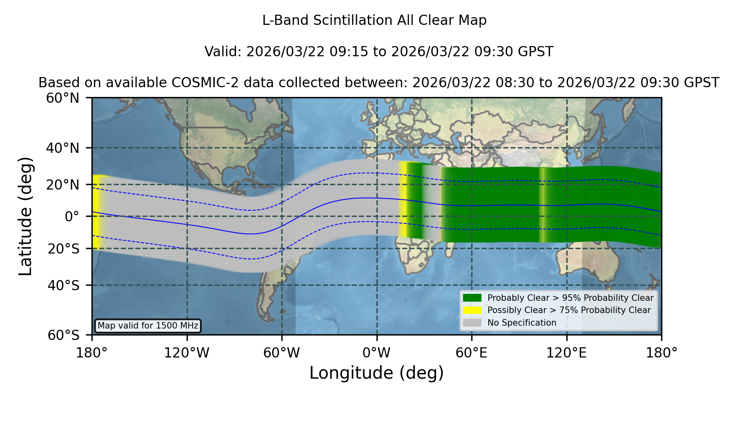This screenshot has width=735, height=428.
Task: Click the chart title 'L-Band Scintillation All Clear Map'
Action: click(374, 20)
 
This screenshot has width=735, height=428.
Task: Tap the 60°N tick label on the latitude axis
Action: click(63, 98)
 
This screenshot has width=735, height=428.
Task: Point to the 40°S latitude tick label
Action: click(64, 285)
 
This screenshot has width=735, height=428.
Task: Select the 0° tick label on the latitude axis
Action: click(72, 216)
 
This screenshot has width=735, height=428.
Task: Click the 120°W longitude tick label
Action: click(187, 353)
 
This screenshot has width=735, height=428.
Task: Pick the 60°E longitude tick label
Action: click(472, 353)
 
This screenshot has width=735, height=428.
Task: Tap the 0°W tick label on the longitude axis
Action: click(376, 353)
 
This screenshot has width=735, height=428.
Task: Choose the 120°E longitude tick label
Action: click(566, 353)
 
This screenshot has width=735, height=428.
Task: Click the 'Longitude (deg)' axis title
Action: click(376, 373)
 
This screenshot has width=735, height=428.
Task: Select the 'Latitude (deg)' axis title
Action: click(25, 216)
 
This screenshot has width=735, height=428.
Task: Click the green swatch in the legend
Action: click(472, 298)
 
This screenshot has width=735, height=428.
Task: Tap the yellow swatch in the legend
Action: click(472, 310)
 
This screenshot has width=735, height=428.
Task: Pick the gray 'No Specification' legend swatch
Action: click(472, 323)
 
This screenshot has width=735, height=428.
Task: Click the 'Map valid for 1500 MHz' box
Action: click(148, 326)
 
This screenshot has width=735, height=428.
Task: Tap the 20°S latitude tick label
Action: click(64, 249)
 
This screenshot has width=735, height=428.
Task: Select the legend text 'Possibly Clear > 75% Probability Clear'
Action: click(569, 310)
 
